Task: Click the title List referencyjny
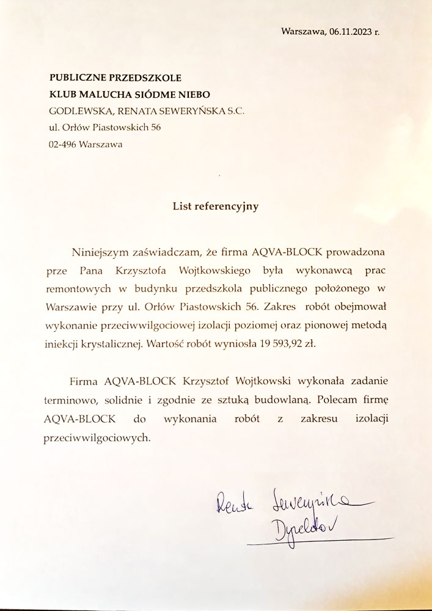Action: tap(216, 207)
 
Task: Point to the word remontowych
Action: tap(78, 288)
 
